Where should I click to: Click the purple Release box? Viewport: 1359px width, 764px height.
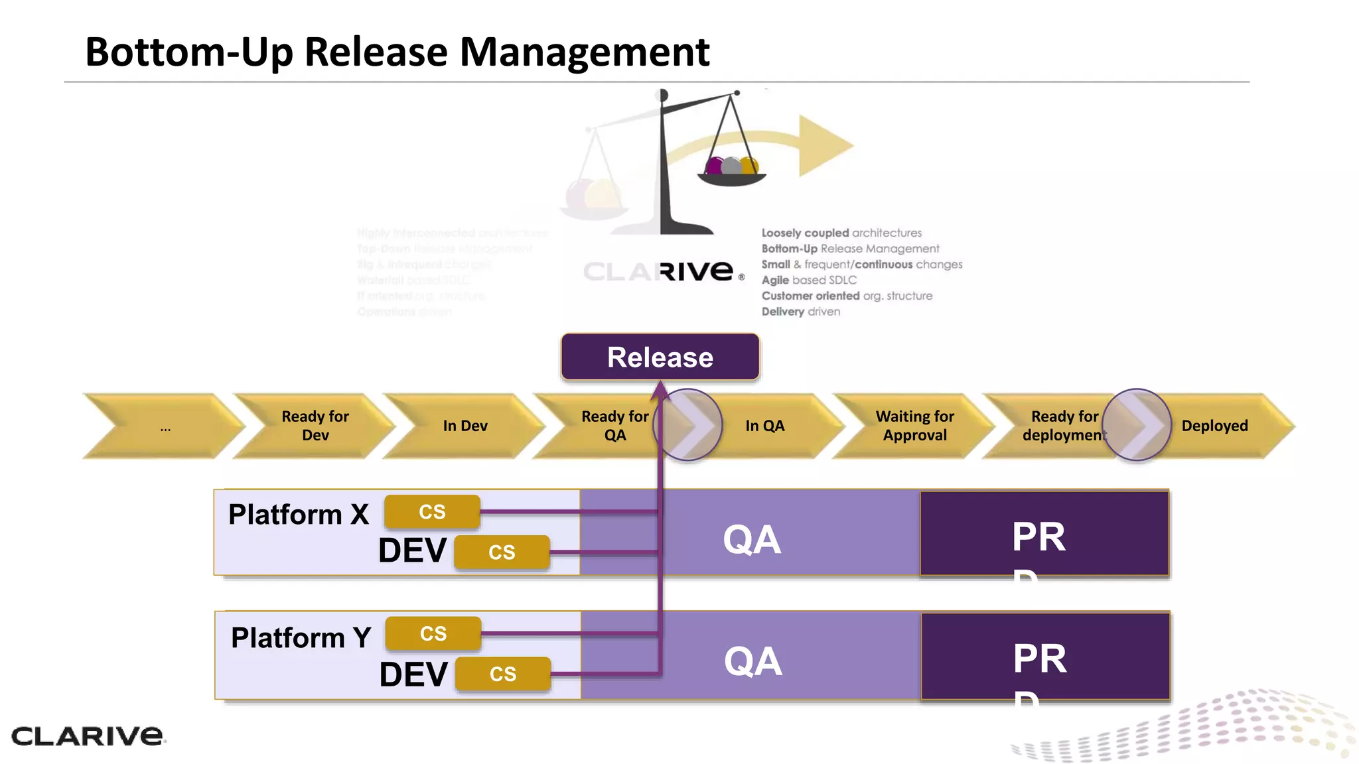660,357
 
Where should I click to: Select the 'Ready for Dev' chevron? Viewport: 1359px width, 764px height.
315,426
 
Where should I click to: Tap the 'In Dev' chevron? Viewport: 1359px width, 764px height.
465,426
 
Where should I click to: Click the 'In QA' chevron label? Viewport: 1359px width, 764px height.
764,426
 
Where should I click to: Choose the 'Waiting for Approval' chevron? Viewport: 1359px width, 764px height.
914,426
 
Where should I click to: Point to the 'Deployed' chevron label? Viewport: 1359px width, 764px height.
1214,426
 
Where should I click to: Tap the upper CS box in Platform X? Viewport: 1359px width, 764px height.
432,512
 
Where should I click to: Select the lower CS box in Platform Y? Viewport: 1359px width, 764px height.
502,674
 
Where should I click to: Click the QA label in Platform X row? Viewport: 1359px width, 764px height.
751,539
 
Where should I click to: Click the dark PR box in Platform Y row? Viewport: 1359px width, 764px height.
1044,656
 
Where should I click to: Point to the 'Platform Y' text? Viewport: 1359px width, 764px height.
301,638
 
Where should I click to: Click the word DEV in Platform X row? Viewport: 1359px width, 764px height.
412,550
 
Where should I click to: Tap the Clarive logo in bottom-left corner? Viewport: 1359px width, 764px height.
87,735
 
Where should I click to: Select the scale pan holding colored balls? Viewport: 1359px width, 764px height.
731,176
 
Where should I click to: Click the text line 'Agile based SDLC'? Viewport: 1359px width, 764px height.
808,280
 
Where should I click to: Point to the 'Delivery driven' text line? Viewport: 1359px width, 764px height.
800,312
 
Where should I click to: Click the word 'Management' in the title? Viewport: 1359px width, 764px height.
584,52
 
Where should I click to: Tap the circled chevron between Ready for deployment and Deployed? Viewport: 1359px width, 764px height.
1136,425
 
